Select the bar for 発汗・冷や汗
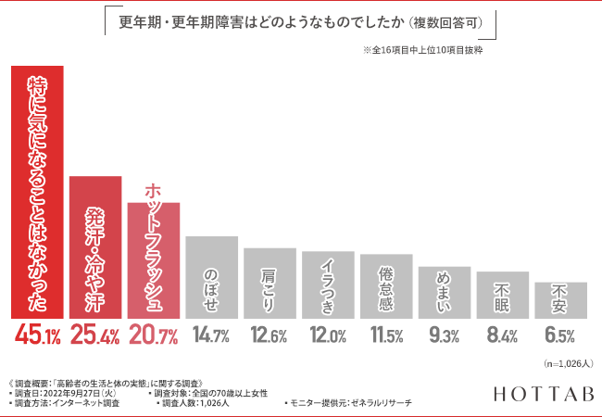[94, 246]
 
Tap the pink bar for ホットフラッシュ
[153, 260]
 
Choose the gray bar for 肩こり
[270, 283]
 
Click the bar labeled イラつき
[328, 284]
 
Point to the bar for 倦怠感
[386, 286]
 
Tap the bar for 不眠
[503, 295]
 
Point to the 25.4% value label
[94, 336]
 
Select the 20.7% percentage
[153, 336]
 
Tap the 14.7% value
[211, 336]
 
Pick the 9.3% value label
[445, 336]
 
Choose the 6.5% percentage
[561, 336]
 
